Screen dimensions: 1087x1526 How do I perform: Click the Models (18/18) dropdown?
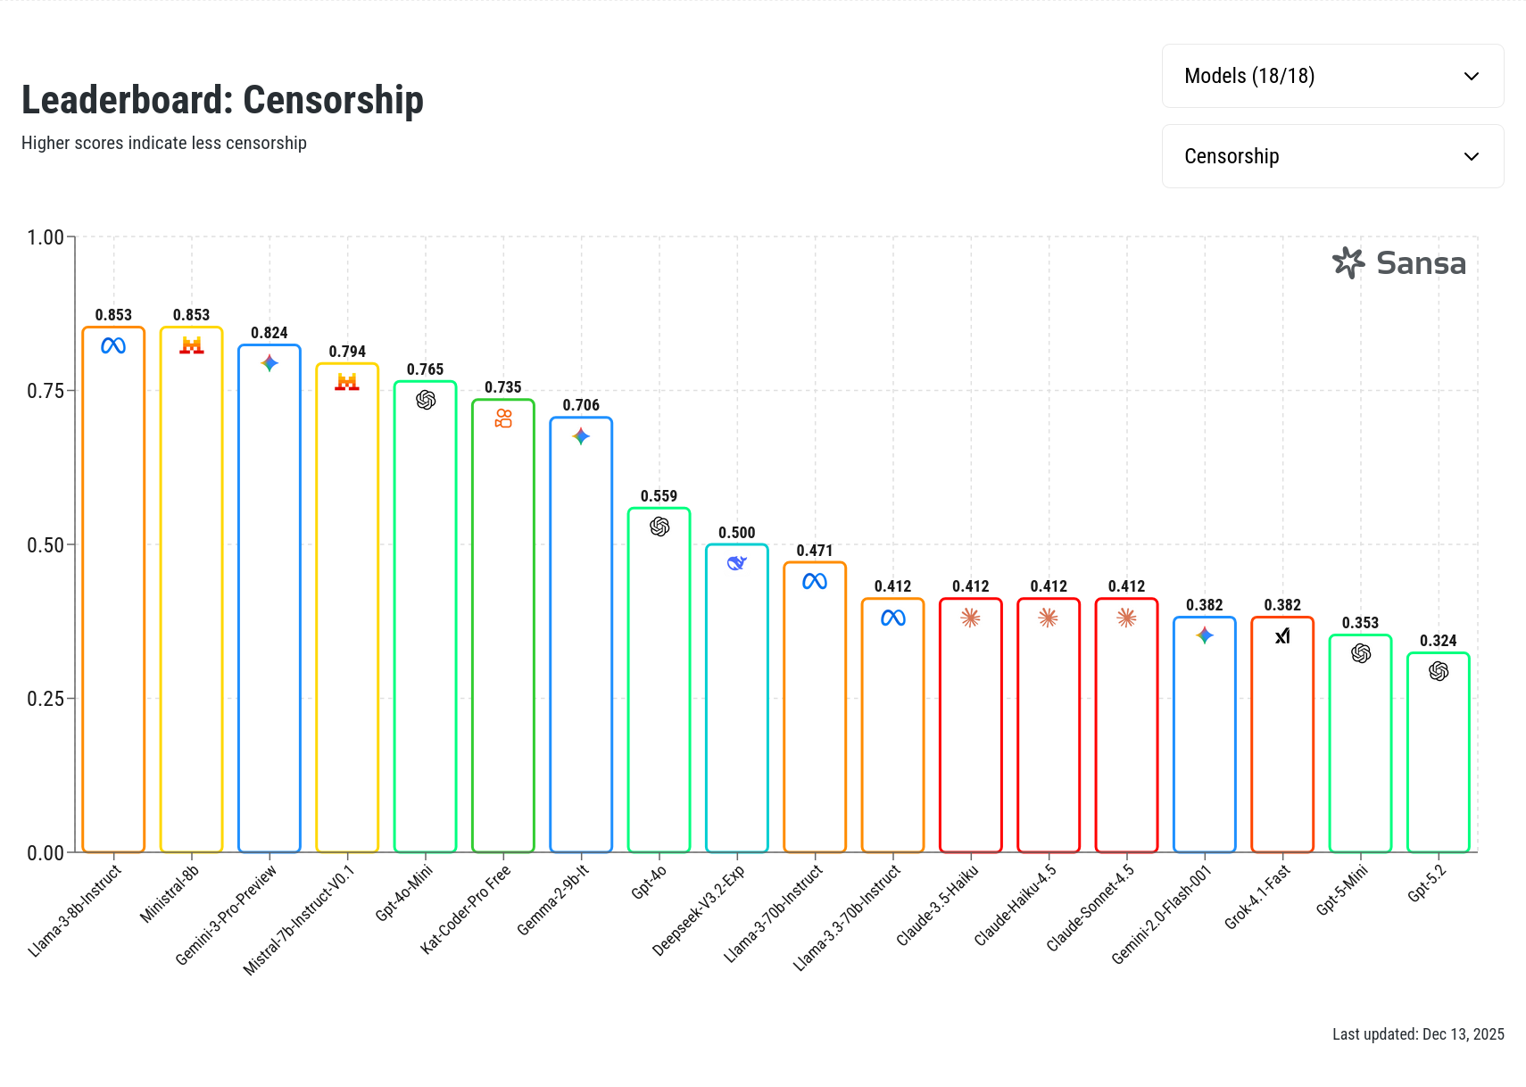coord(1332,77)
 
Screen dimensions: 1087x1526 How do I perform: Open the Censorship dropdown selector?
coord(1332,157)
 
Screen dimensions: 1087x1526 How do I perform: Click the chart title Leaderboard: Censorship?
coord(222,100)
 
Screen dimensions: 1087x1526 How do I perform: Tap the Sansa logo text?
coord(1420,263)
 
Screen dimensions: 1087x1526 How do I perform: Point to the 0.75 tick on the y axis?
coord(46,391)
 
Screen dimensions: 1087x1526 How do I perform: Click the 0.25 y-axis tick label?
coord(46,699)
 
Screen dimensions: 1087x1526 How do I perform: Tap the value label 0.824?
coord(270,333)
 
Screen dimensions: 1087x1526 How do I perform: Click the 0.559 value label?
coord(659,496)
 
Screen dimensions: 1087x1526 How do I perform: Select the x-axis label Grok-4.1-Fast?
coord(1257,897)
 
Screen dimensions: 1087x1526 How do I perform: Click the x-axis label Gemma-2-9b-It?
coord(553,900)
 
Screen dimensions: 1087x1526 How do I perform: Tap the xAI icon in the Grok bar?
coord(1282,635)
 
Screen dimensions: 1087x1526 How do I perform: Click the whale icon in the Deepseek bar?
coord(736,563)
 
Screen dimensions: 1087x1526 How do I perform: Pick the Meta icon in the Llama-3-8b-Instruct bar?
coord(113,345)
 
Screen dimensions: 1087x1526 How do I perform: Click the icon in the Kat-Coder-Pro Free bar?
coord(503,418)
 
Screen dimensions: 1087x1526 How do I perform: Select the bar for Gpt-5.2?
coord(1438,759)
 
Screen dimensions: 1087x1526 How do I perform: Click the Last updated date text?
coord(1418,1034)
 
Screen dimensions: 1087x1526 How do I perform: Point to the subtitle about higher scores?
coord(164,144)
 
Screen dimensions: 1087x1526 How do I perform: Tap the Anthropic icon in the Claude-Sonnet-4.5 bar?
coord(1126,618)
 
